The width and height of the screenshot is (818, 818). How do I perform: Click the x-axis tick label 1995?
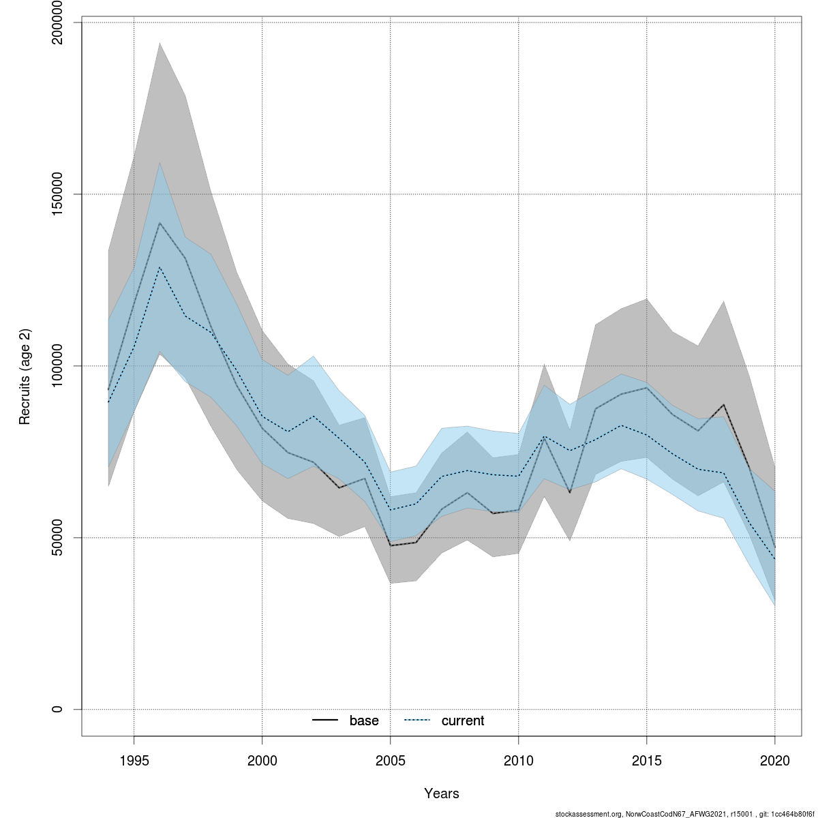click(x=134, y=761)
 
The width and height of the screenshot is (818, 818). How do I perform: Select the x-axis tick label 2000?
click(x=262, y=761)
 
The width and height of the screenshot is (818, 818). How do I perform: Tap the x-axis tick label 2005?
click(x=390, y=761)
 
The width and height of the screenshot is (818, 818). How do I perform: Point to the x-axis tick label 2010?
click(x=518, y=761)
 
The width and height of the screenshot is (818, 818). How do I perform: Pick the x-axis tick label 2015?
click(x=646, y=761)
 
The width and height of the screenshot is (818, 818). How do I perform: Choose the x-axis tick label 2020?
click(x=775, y=761)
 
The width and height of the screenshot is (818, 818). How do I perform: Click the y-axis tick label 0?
click(x=57, y=709)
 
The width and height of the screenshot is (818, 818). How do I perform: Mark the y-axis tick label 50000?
click(x=57, y=538)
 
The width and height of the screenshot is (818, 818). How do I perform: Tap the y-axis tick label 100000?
click(x=57, y=366)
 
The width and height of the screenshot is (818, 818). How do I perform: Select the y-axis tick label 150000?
click(x=57, y=194)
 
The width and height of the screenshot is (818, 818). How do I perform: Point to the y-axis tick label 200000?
click(x=57, y=22)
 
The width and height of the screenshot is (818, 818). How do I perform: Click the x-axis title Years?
click(x=442, y=793)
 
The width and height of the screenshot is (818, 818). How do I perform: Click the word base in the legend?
click(x=364, y=721)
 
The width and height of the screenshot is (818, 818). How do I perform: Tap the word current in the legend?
click(x=463, y=721)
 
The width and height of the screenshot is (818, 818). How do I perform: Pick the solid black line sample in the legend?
click(x=325, y=721)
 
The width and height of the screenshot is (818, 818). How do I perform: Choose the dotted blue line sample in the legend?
click(x=417, y=721)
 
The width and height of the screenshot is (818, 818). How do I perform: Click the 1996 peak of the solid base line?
click(x=160, y=223)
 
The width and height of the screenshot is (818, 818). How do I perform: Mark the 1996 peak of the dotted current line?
click(x=160, y=267)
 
